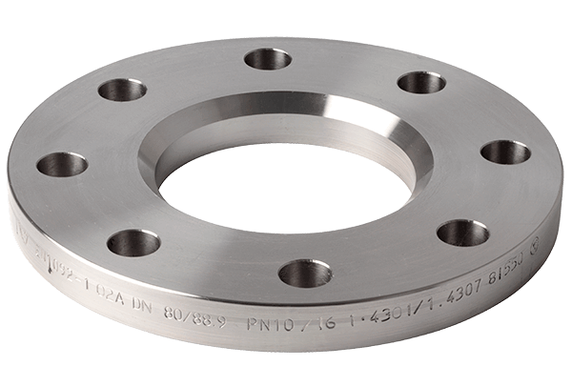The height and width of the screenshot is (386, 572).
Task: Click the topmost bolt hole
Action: [268, 59]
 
